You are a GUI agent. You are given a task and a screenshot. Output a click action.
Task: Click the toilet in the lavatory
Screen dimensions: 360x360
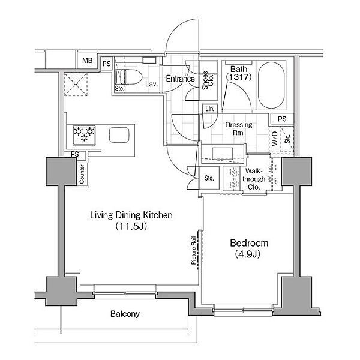click(128, 77)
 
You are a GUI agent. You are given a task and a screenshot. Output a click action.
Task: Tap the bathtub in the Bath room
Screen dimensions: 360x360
click(271, 85)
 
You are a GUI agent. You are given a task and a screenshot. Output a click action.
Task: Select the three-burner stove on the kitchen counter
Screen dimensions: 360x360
click(84, 135)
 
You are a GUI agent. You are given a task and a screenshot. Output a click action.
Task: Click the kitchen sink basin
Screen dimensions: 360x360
click(119, 135)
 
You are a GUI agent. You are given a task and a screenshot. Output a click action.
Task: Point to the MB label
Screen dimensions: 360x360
click(88, 61)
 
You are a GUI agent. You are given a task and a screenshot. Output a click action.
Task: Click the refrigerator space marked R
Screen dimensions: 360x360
click(76, 84)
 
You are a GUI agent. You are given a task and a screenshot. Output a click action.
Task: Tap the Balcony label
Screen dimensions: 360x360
click(125, 314)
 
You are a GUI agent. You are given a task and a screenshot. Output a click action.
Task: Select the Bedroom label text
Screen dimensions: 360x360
click(249, 243)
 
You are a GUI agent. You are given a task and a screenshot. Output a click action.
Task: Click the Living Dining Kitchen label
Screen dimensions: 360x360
click(131, 215)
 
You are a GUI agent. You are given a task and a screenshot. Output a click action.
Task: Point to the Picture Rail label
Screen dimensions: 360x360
click(194, 250)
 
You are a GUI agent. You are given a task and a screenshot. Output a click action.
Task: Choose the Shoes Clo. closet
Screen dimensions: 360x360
click(208, 80)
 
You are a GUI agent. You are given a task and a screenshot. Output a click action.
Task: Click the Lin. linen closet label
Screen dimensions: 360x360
click(209, 109)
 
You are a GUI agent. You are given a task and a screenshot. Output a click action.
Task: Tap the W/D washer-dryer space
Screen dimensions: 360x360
click(275, 139)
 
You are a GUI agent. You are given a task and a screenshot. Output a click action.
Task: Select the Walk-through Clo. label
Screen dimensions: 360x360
click(254, 179)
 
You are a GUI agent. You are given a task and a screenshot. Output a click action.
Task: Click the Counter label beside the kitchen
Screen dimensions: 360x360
click(82, 174)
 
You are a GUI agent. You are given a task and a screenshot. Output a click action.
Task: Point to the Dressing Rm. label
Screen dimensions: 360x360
click(239, 128)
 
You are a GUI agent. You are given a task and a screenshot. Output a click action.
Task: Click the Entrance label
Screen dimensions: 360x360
click(181, 79)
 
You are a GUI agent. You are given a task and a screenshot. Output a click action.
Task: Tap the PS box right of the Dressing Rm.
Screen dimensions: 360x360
click(282, 119)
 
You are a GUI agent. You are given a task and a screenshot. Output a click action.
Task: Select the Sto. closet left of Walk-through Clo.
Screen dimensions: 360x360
click(209, 178)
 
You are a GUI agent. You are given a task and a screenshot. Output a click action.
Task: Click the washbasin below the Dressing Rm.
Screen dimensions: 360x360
click(222, 154)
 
